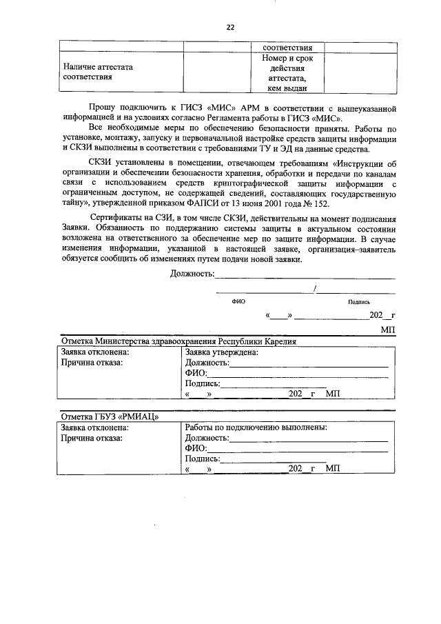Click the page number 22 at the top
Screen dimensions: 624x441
click(x=230, y=27)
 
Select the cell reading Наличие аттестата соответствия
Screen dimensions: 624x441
click(x=97, y=72)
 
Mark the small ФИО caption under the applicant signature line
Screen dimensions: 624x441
click(x=239, y=301)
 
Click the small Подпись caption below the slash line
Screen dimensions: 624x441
click(x=359, y=301)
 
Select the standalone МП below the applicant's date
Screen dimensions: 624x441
click(x=388, y=330)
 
